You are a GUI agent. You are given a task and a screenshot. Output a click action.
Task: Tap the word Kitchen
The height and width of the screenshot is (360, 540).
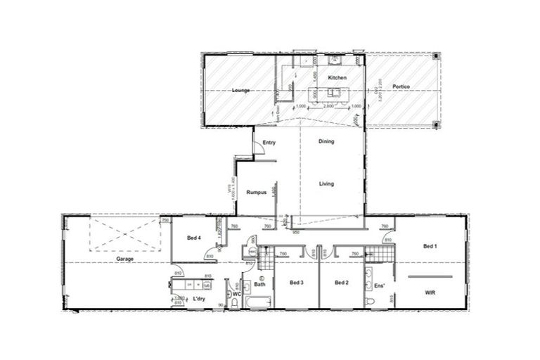tap(337, 77)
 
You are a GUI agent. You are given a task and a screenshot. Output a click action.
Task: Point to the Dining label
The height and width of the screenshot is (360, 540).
tap(326, 141)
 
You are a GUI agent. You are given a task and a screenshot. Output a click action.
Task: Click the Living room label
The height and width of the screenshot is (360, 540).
tap(326, 184)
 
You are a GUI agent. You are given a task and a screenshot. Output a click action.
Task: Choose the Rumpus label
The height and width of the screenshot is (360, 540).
tap(257, 194)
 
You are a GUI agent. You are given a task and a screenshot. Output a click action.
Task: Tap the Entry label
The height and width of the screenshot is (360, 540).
tap(269, 143)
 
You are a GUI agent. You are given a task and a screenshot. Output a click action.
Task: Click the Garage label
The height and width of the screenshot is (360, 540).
tap(125, 259)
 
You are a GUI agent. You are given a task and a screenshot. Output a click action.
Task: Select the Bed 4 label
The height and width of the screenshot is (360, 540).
tap(195, 238)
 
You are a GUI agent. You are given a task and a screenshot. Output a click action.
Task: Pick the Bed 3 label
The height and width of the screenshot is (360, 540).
tap(296, 283)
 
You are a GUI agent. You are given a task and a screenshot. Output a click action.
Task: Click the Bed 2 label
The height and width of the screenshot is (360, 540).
tap(342, 283)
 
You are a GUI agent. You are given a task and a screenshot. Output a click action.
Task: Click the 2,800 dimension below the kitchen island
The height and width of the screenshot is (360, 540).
tap(328, 106)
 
